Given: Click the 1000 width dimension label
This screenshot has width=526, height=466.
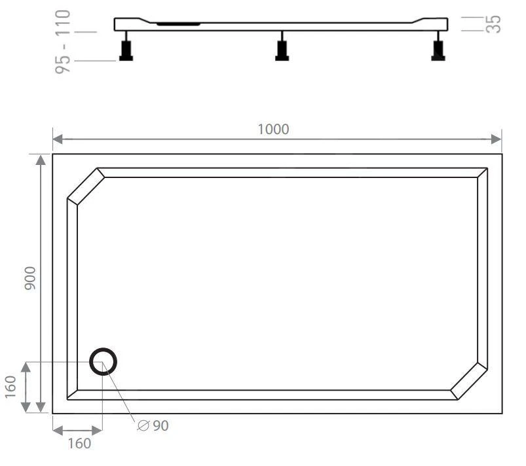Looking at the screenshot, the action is pos(273,130).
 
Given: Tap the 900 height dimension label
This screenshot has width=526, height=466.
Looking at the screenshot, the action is pos(30,278).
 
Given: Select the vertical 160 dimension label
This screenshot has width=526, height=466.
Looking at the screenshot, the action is pos(10,387).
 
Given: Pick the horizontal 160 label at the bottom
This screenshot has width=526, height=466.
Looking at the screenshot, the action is pos(79,444).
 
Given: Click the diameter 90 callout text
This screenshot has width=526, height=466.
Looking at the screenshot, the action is pos(153,426).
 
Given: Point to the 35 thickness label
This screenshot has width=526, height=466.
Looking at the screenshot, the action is pos(493,24).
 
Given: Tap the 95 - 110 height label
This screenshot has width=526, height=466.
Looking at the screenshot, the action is pos(63,42).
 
